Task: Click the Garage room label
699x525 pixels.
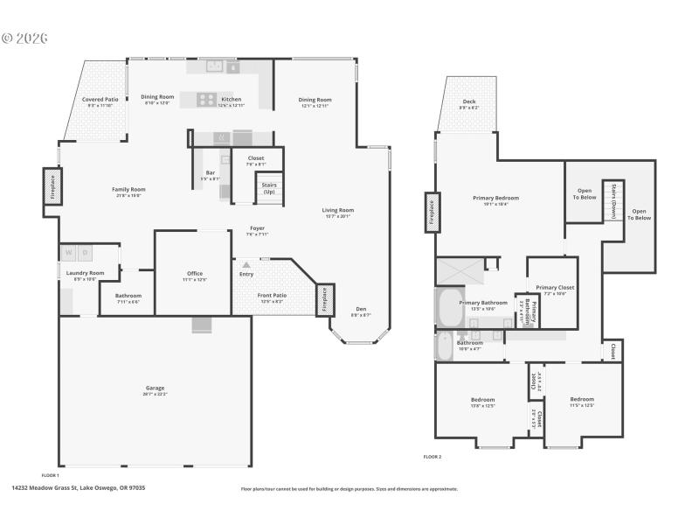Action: pos(155,388)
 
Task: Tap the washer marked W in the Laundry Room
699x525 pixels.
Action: pos(67,254)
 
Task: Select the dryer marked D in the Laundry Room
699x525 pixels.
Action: pos(85,254)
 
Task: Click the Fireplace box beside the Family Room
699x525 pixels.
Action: pos(51,190)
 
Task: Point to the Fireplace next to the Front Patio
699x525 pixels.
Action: pos(324,299)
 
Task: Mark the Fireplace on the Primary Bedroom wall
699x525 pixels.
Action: pos(431,211)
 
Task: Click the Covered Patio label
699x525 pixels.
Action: pos(100,100)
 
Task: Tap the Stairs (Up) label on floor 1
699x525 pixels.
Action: pos(268,187)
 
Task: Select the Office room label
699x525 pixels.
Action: pos(195,273)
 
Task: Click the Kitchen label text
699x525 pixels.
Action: pos(232,100)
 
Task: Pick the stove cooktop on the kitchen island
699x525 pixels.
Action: pos(207,99)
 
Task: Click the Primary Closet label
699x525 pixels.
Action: pos(555,287)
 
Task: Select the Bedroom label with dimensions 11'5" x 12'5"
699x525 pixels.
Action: pos(582,399)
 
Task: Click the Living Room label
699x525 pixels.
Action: pos(337,210)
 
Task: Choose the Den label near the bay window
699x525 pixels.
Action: pos(361,308)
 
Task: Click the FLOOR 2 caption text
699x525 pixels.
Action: pos(433,456)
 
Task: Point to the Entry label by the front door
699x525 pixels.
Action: pos(246,274)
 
